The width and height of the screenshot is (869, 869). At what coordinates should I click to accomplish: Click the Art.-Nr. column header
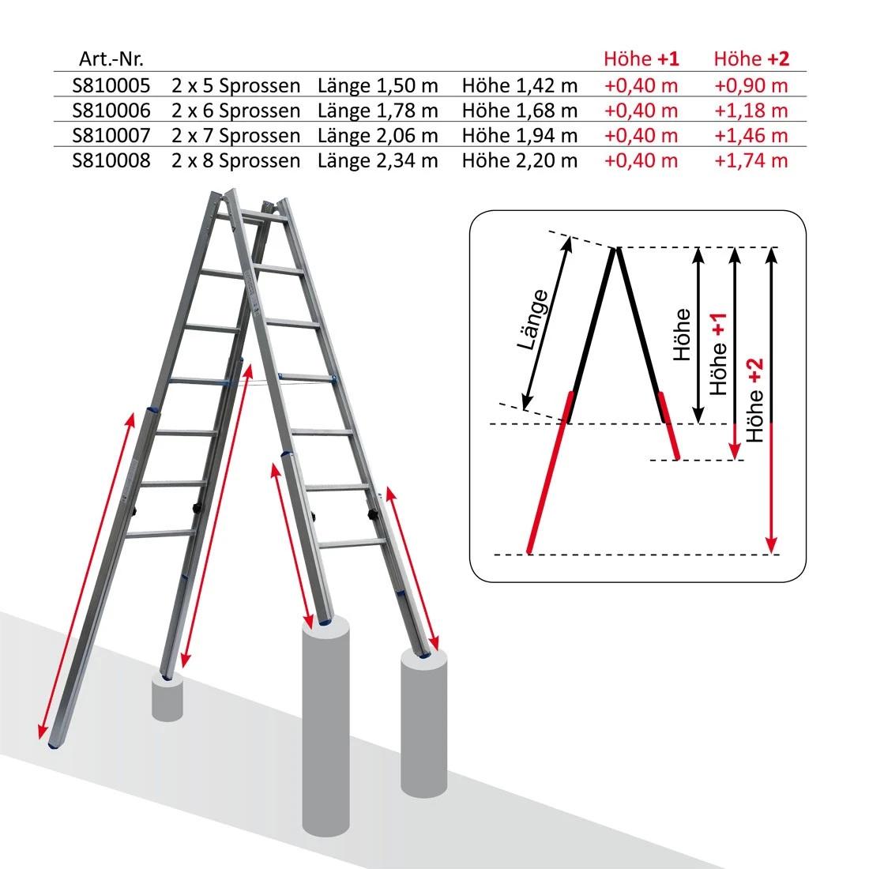(x=111, y=58)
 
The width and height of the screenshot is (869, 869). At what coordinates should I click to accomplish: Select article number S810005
(x=111, y=85)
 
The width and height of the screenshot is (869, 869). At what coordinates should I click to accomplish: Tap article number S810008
(x=111, y=160)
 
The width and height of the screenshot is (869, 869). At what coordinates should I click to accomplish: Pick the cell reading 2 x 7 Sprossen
(x=235, y=136)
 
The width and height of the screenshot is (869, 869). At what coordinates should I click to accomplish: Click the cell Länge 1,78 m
(x=378, y=111)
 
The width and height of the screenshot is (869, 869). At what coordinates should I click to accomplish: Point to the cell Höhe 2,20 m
(x=519, y=160)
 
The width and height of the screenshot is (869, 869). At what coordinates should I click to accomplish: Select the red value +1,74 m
(x=751, y=160)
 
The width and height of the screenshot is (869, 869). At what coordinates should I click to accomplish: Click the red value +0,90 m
(x=751, y=85)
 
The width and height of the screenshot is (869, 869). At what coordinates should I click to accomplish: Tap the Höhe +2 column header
(x=751, y=58)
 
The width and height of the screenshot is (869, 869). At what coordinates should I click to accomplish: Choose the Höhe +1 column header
(x=641, y=58)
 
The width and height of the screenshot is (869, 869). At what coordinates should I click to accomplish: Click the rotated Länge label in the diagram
(x=532, y=320)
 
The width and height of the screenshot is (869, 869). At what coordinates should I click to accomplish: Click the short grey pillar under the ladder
(x=167, y=698)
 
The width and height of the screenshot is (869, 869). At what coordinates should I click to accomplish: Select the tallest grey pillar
(x=325, y=726)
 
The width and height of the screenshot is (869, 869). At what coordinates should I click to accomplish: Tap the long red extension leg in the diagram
(x=550, y=472)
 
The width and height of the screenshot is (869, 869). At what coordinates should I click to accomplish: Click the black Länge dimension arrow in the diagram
(x=546, y=324)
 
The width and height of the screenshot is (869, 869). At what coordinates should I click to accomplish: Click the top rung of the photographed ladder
(x=252, y=219)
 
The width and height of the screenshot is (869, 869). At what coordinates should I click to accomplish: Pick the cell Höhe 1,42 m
(x=519, y=85)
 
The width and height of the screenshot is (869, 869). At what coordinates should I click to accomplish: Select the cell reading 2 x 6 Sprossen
(x=235, y=111)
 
